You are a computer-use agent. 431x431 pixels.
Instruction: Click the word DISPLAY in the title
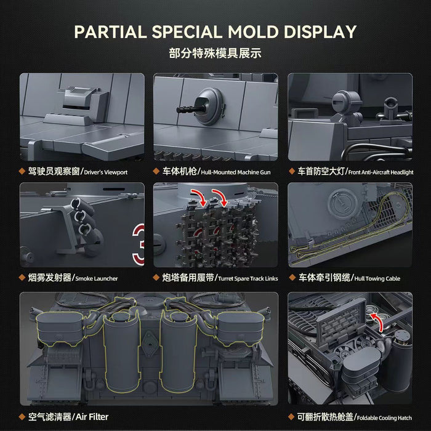click(320, 31)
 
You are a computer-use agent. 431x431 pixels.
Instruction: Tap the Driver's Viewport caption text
click(105, 172)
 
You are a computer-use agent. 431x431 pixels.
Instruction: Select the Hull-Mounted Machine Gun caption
click(236, 172)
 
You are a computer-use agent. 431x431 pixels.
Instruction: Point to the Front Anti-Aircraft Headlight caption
click(381, 172)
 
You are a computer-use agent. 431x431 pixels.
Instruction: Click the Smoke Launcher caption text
click(97, 278)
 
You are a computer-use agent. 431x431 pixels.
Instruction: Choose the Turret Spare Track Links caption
click(248, 278)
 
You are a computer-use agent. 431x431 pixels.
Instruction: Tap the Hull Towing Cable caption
click(377, 278)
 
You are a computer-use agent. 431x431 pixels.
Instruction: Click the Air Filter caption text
click(92, 417)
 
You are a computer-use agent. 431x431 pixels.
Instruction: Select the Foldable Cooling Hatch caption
click(384, 418)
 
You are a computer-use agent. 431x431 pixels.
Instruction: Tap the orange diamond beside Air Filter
click(22, 417)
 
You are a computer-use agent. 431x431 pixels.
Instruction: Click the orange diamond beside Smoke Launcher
click(22, 278)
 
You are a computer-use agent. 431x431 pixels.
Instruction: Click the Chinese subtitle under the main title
click(215, 53)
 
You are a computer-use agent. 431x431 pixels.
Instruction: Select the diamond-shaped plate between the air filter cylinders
click(150, 343)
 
